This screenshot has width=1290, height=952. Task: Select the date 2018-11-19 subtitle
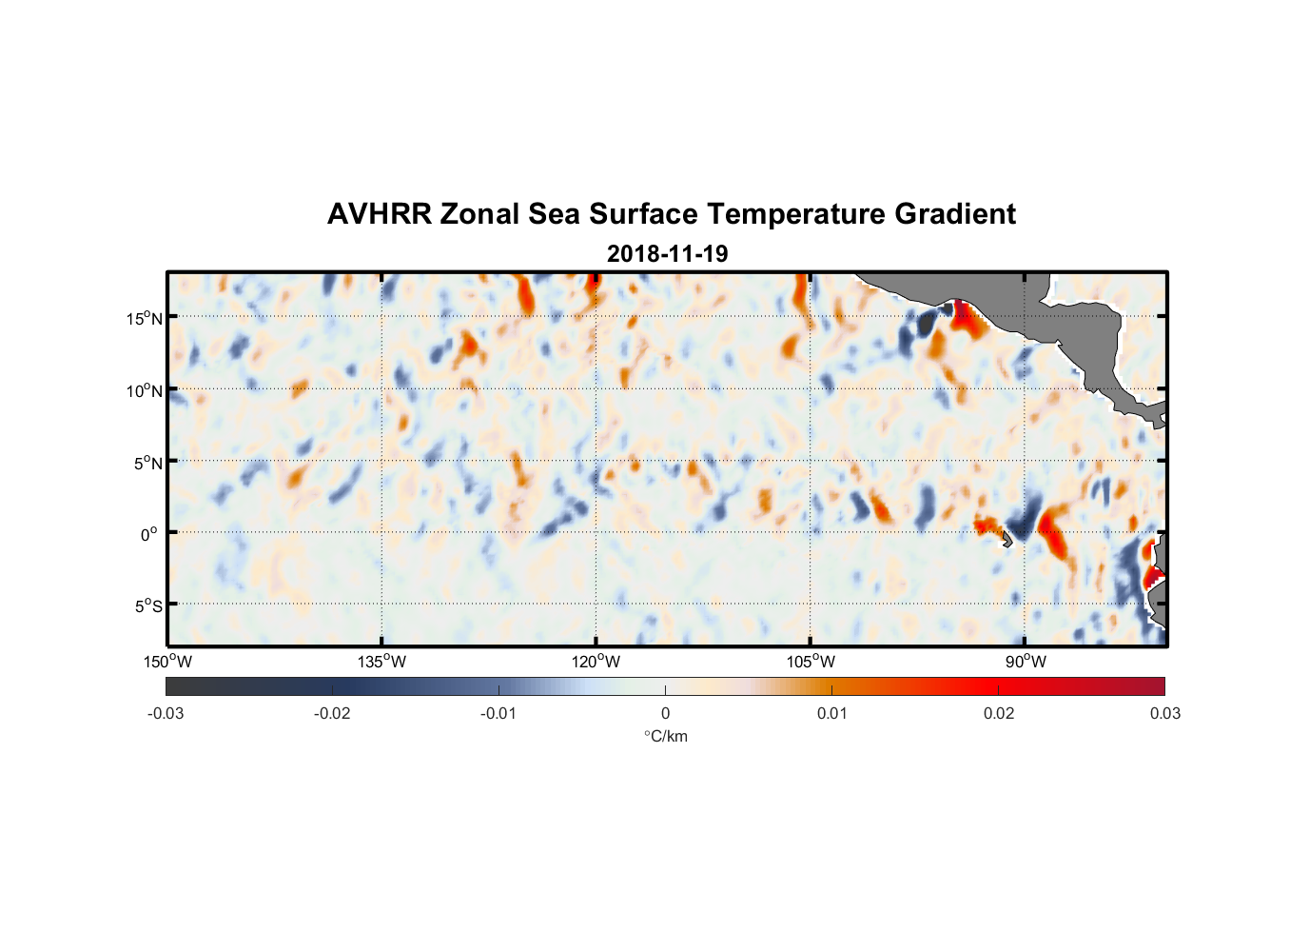pos(667,253)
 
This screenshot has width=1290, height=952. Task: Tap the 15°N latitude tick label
pos(144,318)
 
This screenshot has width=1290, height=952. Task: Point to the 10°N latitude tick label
pos(144,390)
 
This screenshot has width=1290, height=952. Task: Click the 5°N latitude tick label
pos(147,463)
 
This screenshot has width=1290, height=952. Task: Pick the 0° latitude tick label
pos(149,534)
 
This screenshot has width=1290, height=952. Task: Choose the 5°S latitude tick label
pos(147,606)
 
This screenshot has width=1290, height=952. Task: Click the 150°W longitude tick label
pos(167,662)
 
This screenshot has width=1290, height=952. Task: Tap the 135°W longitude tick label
pos(381,662)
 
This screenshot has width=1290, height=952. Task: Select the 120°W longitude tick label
pos(596,662)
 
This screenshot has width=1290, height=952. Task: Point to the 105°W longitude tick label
pos(811,662)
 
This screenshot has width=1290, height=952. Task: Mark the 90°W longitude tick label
pos(1026,662)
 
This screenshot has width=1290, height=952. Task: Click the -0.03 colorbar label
pos(166,713)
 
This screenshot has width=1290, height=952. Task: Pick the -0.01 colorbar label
pos(498,713)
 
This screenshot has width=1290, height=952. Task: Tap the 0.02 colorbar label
pos(999,713)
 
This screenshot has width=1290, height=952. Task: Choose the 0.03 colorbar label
pos(1164,713)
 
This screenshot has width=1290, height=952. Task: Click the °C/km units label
pos(665,736)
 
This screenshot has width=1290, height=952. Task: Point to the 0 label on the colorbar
pos(665,713)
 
